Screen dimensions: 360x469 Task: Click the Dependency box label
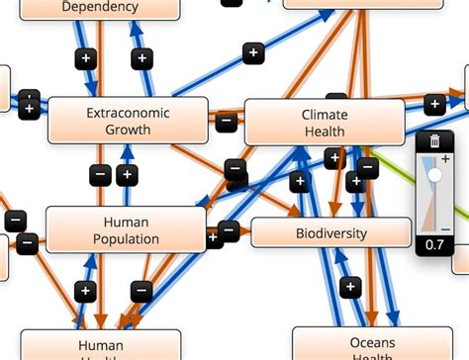pyautogui.click(x=100, y=7)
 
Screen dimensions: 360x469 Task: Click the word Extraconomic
pyautogui.click(x=128, y=113)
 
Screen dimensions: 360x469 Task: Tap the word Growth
pyautogui.click(x=128, y=130)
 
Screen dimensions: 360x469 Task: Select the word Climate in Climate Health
pyautogui.click(x=325, y=115)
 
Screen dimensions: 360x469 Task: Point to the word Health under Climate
pyautogui.click(x=325, y=132)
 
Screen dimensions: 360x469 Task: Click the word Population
pyautogui.click(x=126, y=239)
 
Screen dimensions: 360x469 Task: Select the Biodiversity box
pyautogui.click(x=330, y=233)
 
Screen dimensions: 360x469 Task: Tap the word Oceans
pyautogui.click(x=372, y=343)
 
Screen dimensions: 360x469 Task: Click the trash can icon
pyautogui.click(x=434, y=141)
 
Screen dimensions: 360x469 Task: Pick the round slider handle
pyautogui.click(x=434, y=174)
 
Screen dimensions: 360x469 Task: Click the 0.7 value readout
pyautogui.click(x=434, y=244)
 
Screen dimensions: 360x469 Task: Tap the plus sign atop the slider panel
pyautogui.click(x=445, y=159)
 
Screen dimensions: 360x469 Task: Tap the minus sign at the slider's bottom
pyautogui.click(x=445, y=229)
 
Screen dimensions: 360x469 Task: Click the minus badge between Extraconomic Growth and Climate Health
pyautogui.click(x=227, y=123)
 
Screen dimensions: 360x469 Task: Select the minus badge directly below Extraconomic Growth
pyautogui.click(x=101, y=176)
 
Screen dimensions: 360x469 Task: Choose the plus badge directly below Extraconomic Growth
pyautogui.click(x=127, y=176)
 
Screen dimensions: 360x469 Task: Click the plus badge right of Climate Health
pyautogui.click(x=434, y=103)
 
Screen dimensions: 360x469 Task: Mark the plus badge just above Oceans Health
pyautogui.click(x=349, y=287)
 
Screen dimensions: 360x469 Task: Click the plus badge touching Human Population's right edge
pyautogui.click(x=213, y=237)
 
